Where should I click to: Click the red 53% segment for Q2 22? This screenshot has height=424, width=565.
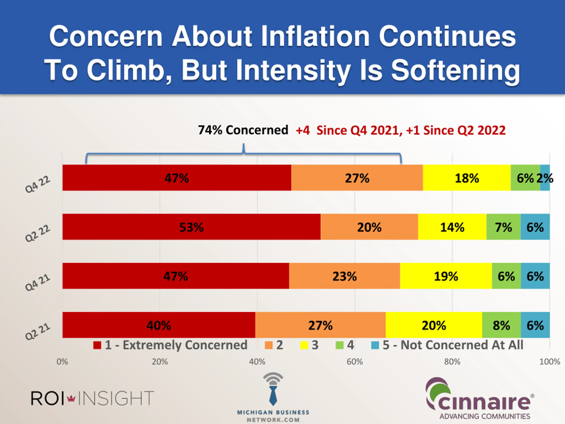[x=192, y=227]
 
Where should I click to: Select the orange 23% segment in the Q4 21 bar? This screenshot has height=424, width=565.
[x=345, y=276]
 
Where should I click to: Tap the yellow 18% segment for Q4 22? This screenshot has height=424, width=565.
[x=467, y=178]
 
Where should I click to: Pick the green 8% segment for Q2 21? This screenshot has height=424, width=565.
[x=501, y=325]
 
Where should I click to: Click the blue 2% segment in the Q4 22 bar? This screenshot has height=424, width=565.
[x=545, y=178]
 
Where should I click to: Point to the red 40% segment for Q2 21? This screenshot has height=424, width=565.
[x=159, y=325]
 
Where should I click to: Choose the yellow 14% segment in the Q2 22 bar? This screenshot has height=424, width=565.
[x=452, y=227]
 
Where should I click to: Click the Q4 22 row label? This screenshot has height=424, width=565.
[x=38, y=185]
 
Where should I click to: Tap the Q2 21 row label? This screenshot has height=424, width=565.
[x=38, y=332]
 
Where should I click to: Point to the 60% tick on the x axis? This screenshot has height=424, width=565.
[x=354, y=362]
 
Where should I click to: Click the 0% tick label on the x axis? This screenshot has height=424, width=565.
[x=62, y=362]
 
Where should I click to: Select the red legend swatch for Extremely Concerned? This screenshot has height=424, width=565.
[x=97, y=345]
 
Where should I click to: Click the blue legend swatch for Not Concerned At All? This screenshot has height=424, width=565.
[x=375, y=345]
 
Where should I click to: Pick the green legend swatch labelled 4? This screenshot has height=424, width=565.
[x=339, y=345]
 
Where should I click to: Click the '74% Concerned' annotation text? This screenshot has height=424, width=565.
[x=243, y=130]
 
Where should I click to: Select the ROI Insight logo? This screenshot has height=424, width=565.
[x=92, y=398]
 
